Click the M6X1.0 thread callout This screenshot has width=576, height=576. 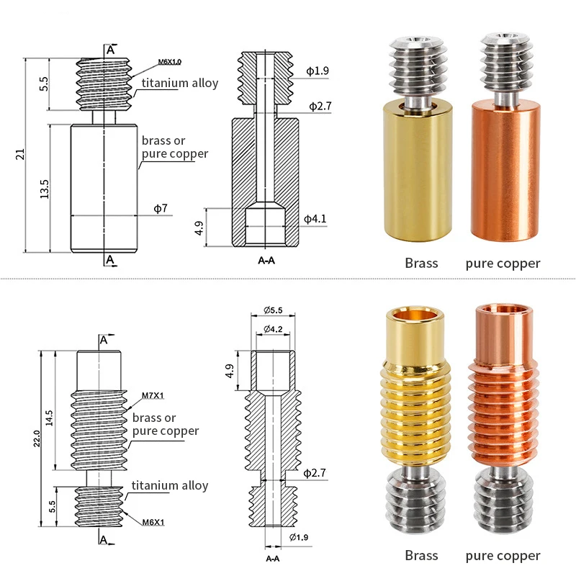coord(169,62)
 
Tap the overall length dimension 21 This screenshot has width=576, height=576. coord(20,154)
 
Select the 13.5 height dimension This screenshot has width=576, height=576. coord(44,189)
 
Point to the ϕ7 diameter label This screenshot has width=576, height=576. coord(161,208)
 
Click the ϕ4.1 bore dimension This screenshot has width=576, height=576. coord(315,219)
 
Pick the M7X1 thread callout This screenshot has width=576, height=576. coord(153,395)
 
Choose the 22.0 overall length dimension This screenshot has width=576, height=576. coord(37,438)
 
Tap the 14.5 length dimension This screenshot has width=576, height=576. coord(49,418)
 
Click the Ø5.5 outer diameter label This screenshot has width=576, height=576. coord(273,310)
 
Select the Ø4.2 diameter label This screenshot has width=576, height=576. coord(273,329)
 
